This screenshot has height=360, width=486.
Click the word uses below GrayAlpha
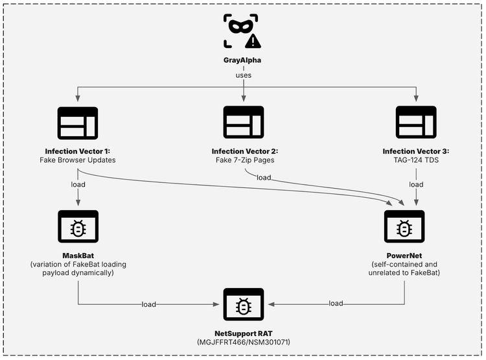243,75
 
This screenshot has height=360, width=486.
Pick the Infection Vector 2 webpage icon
243,121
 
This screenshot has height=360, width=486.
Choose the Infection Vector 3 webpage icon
415,121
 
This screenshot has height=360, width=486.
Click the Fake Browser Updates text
78,160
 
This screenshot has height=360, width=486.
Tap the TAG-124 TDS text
415,160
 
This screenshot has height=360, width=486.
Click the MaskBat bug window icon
78,226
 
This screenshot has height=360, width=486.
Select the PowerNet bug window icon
405,226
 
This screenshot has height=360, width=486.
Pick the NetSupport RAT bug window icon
243,304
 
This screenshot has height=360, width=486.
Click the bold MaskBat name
78,256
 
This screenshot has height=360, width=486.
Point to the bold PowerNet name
405,256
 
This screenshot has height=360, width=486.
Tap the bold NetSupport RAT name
243,333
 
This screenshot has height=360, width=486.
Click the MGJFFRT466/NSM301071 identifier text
243,342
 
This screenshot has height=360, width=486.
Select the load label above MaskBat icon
78,184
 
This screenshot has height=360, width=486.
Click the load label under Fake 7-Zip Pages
264,177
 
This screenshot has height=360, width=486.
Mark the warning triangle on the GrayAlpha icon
253,42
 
